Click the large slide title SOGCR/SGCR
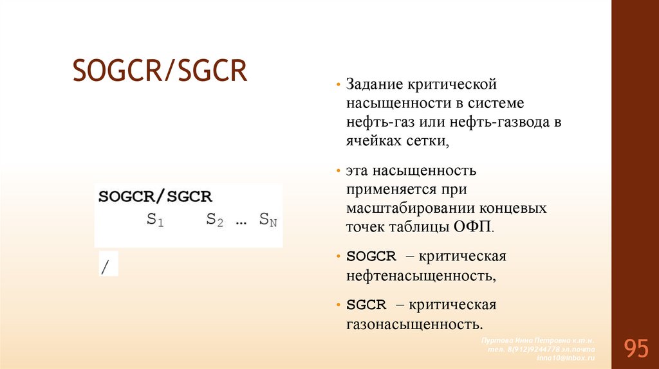coord(160,71)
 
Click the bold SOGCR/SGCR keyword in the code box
coord(155,197)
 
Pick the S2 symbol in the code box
coord(215,219)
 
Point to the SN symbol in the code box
coord(268,219)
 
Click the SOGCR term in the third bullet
coord(371,256)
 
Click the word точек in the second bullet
coord(365,228)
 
